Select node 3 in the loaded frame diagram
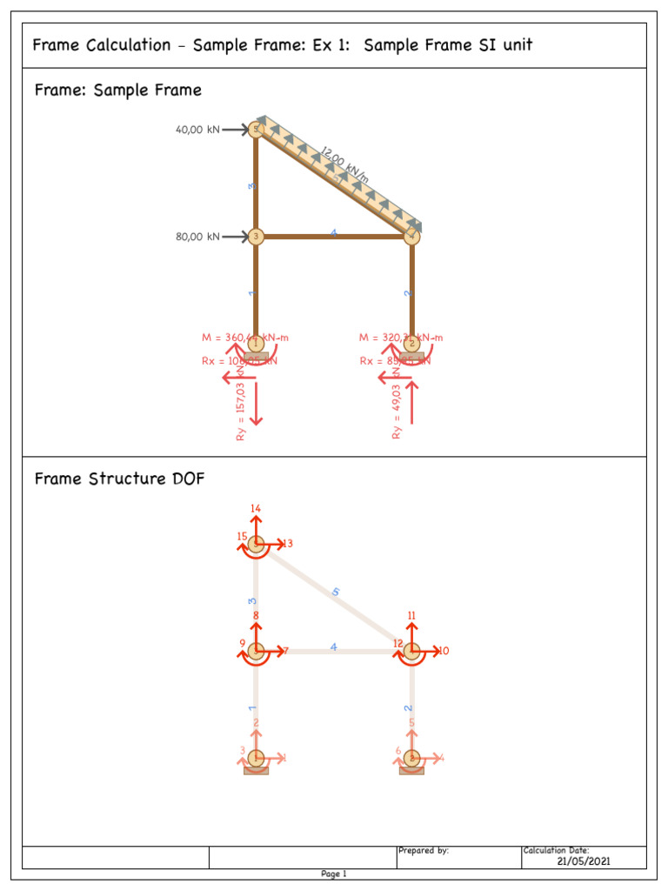coord(256,236)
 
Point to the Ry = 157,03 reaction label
coord(242,411)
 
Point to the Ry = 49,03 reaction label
coord(397,410)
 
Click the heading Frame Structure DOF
coord(119,479)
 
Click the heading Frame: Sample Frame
coord(117,90)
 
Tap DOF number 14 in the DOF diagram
coord(255,508)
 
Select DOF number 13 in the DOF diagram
coord(287,544)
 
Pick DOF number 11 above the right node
coord(411,615)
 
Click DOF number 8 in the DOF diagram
coord(256,616)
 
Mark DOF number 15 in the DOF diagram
coord(242,537)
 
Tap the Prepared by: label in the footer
coord(424,850)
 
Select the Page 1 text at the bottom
coord(334,874)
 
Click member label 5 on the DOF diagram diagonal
coord(336,593)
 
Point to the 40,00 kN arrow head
coord(244,130)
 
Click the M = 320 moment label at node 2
coord(401,338)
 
